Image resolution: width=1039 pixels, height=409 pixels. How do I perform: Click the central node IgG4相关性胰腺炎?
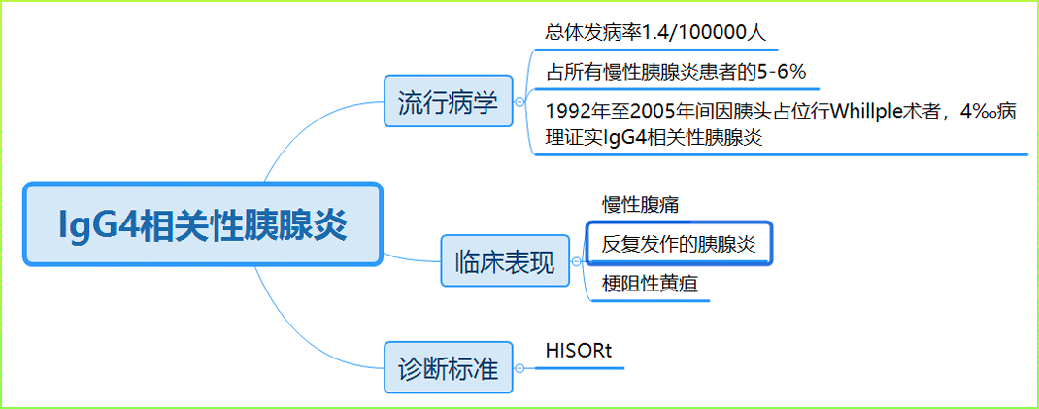(x=203, y=224)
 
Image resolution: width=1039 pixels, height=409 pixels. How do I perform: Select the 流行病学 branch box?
(x=448, y=101)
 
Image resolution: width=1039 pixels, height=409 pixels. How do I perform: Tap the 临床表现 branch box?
(x=505, y=261)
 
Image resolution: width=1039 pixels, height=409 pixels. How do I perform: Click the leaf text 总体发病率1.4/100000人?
(x=656, y=32)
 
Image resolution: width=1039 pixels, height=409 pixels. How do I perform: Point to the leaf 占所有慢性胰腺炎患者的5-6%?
(x=676, y=72)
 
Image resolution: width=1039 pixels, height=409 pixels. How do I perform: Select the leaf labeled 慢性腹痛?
(x=640, y=205)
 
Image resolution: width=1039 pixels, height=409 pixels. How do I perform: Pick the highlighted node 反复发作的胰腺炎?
(x=679, y=243)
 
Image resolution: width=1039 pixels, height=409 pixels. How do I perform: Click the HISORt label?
(x=579, y=351)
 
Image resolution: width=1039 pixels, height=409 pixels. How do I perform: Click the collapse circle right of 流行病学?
(x=519, y=102)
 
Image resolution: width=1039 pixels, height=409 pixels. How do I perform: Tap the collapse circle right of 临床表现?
(x=577, y=262)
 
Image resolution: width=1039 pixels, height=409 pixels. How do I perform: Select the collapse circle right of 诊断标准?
(x=519, y=368)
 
